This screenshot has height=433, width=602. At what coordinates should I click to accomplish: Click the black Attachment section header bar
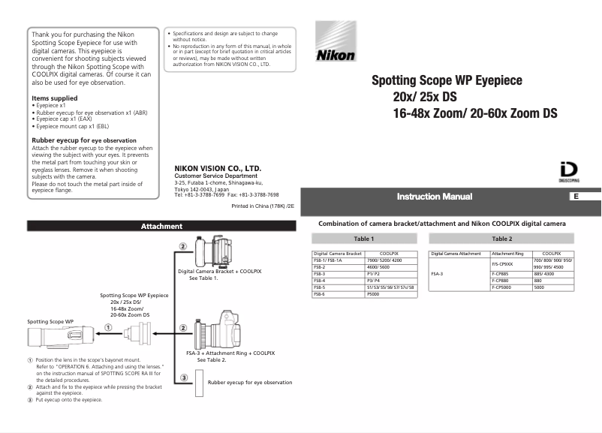point(161,226)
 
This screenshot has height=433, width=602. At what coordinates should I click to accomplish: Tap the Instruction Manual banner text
point(435,197)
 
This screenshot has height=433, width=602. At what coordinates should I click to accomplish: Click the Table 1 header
point(364,239)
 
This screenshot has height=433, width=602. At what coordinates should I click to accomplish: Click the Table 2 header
point(501,239)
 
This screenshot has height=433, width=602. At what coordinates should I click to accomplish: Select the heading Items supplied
point(54,98)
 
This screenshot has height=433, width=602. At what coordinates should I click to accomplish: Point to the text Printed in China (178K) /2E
point(263,205)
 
